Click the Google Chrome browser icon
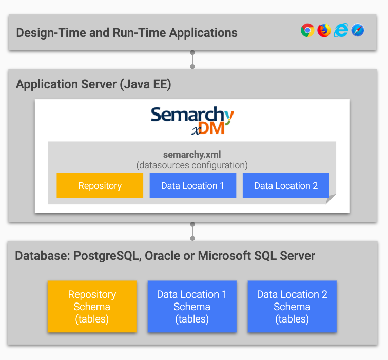(x=307, y=31)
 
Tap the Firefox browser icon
(x=324, y=31)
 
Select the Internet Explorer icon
(x=340, y=31)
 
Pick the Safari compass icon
(x=358, y=31)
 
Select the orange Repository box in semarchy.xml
(x=100, y=185)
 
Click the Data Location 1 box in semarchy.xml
(x=192, y=185)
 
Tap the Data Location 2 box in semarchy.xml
(x=286, y=185)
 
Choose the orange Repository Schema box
(x=92, y=307)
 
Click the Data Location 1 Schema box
(x=192, y=307)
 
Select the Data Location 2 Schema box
(x=292, y=307)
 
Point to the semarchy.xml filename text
(x=192, y=155)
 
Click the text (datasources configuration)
(x=192, y=165)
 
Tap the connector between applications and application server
(x=192, y=60)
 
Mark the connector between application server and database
(x=192, y=232)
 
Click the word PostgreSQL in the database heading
(x=107, y=256)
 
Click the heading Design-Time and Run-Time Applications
(x=127, y=33)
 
